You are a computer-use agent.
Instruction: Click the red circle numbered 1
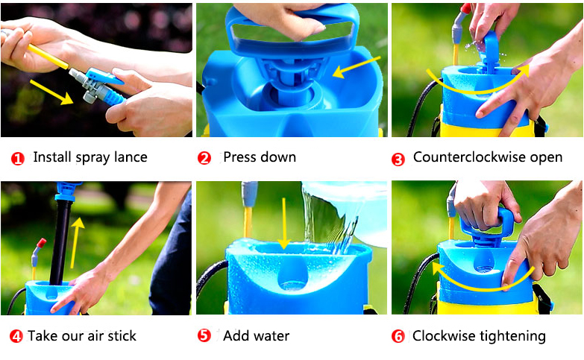[x=17, y=159]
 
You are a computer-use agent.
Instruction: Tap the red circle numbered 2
[x=204, y=158]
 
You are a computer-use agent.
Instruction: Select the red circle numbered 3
[x=398, y=160]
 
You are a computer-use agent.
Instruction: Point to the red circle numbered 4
[x=16, y=336]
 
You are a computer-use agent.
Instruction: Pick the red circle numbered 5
[x=204, y=335]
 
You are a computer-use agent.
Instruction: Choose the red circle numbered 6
[x=398, y=336]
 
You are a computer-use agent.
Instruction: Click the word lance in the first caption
[x=131, y=157]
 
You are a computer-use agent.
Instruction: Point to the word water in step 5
[x=271, y=336]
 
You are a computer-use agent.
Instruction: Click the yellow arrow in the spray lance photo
[x=51, y=92]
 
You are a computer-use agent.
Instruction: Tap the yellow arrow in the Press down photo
[x=356, y=67]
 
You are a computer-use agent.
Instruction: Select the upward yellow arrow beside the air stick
[x=76, y=243]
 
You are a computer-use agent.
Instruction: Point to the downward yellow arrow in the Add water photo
[x=284, y=224]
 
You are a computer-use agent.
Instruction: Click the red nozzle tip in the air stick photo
[x=41, y=243]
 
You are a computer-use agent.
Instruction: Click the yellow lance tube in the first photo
[x=48, y=57]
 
